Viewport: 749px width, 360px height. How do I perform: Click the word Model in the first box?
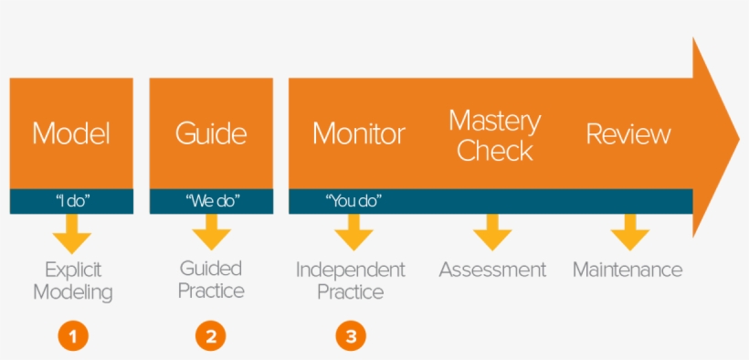click(x=71, y=133)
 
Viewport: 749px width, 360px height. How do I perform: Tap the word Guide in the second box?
click(x=211, y=133)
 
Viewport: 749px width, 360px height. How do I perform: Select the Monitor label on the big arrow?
click(x=358, y=133)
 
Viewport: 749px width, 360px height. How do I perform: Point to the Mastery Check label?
click(x=495, y=135)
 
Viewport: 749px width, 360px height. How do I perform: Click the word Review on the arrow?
click(x=628, y=134)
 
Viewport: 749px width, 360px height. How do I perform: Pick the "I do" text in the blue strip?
click(x=71, y=200)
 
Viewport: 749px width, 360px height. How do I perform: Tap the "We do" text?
click(x=211, y=200)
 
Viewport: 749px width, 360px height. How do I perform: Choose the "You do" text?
click(x=353, y=200)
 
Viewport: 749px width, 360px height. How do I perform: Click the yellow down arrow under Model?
click(x=71, y=233)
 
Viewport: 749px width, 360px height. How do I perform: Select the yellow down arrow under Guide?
click(x=211, y=233)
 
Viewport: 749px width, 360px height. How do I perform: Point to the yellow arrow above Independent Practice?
click(x=353, y=233)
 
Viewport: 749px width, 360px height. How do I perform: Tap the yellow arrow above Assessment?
click(x=492, y=233)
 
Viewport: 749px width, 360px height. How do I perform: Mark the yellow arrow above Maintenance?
click(x=629, y=233)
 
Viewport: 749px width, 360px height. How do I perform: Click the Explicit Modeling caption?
click(x=73, y=281)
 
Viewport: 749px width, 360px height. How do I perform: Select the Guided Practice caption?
click(x=211, y=279)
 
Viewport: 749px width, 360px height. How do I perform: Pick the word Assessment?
click(x=492, y=270)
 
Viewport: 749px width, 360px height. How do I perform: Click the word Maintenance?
click(x=628, y=270)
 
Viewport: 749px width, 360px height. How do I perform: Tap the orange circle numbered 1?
click(x=73, y=335)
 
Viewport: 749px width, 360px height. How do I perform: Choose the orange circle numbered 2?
click(x=210, y=335)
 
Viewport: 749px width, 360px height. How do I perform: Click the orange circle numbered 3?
click(x=351, y=335)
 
